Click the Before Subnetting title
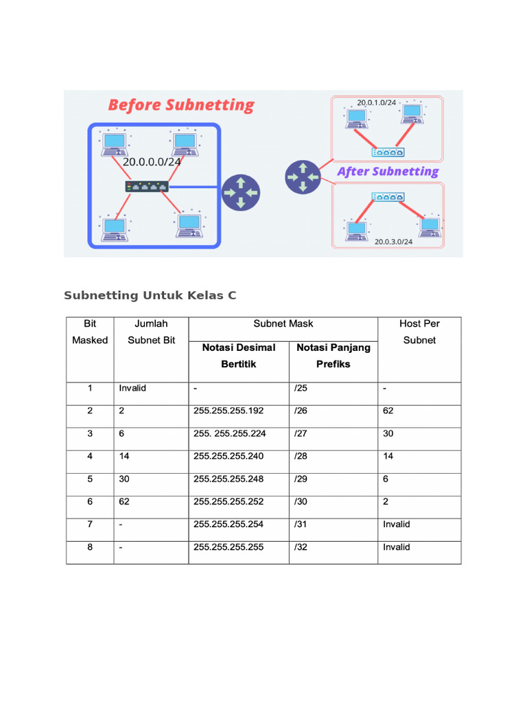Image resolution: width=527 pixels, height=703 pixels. click(x=181, y=106)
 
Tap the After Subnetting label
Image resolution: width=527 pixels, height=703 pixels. click(x=388, y=172)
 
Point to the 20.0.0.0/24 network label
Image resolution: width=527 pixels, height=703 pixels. click(x=152, y=163)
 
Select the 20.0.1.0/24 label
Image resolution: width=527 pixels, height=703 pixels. click(x=376, y=102)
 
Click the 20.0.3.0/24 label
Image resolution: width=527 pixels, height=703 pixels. click(x=393, y=242)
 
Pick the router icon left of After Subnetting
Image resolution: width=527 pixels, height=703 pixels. click(x=303, y=176)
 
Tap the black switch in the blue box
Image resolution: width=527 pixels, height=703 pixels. click(x=147, y=187)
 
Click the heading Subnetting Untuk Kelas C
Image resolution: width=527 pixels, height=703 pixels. click(x=150, y=296)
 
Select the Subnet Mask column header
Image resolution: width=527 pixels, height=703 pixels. click(x=283, y=323)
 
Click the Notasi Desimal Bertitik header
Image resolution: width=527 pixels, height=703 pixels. click(x=238, y=356)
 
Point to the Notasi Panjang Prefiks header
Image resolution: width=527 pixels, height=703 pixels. click(x=333, y=356)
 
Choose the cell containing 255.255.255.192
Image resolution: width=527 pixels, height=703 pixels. click(x=229, y=411)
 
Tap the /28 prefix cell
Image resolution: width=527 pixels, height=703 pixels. click(x=301, y=456)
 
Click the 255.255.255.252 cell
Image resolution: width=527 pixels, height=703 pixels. click(x=229, y=501)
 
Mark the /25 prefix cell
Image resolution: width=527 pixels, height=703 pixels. click(x=301, y=388)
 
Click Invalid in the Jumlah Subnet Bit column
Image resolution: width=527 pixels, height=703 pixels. click(x=132, y=388)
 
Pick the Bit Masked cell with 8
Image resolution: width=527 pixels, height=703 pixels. click(x=90, y=547)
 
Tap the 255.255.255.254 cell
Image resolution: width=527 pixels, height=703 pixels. click(x=229, y=524)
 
